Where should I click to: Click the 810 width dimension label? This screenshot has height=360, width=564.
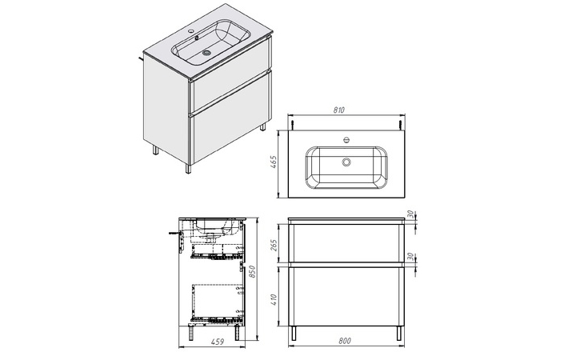(339, 110)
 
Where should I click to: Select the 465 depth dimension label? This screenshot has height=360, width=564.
(274, 162)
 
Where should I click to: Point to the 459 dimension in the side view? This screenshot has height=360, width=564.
(217, 342)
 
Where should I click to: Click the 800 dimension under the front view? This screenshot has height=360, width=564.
(345, 341)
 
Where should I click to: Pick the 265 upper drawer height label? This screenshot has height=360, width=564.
(274, 246)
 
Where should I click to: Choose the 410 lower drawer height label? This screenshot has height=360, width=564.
(274, 301)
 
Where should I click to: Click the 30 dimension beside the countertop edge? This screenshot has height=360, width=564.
(410, 214)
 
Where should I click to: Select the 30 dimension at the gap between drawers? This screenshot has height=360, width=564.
(410, 257)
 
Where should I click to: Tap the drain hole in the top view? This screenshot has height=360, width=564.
(346, 162)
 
